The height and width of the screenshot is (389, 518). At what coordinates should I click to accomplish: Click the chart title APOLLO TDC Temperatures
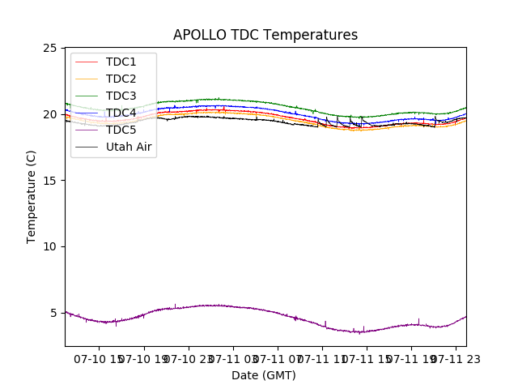[265, 35]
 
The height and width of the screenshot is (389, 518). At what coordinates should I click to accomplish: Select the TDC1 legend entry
[121, 62]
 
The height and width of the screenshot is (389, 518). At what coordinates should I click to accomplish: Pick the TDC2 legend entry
[121, 79]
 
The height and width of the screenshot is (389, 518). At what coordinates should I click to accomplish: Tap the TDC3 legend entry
[121, 96]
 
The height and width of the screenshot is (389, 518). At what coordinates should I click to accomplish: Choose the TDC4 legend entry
[121, 113]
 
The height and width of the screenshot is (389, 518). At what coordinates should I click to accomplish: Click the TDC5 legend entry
[121, 130]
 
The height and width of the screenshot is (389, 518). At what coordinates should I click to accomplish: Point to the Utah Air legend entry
[129, 147]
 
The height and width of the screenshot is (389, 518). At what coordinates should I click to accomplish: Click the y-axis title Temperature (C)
[32, 196]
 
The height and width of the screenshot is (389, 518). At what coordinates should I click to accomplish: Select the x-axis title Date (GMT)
[264, 375]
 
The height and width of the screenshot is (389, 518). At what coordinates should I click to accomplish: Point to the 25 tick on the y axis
[49, 48]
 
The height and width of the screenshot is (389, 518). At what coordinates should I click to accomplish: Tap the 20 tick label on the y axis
[49, 114]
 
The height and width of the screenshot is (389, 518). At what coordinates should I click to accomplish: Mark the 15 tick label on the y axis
[49, 180]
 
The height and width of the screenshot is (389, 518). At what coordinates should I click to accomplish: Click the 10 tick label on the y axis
[49, 246]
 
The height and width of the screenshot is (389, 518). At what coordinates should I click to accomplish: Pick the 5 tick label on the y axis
[53, 313]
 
